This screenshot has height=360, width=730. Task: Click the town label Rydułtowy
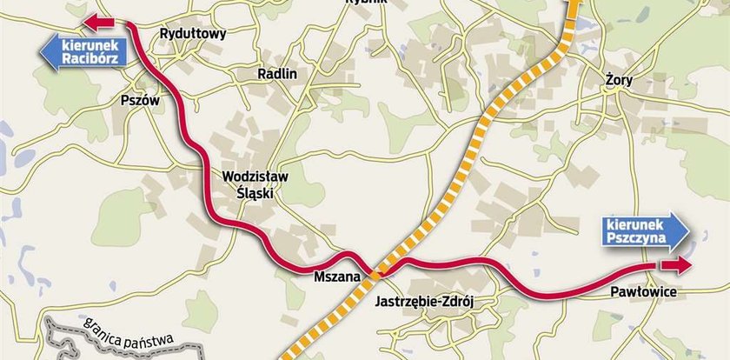tap(193, 34)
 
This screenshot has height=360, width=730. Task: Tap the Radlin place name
tap(277, 74)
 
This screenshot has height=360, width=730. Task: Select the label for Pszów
tap(142, 101)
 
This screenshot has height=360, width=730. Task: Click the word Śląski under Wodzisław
tap(255, 194)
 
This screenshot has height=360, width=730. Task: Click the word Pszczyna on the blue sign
tap(638, 236)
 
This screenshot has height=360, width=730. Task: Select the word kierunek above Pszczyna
tap(634, 222)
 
